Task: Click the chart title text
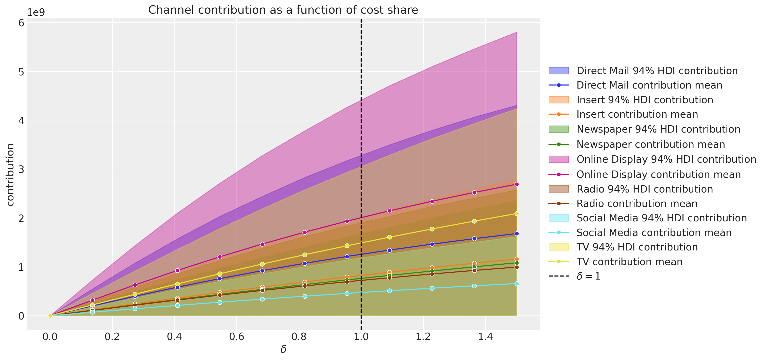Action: coord(283,10)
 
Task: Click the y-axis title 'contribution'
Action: coord(10,175)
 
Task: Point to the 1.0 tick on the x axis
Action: coord(361,336)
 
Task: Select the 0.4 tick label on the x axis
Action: coord(174,336)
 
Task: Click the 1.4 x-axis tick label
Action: coord(485,336)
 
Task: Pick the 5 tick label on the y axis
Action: coord(21,72)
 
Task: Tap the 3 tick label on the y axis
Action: coord(21,169)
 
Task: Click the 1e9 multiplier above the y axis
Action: coord(36,12)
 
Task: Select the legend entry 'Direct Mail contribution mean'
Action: coord(649,85)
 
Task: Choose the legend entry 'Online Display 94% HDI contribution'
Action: coord(666,159)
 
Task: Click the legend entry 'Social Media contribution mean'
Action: coord(654,233)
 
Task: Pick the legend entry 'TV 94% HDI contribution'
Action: coord(637,247)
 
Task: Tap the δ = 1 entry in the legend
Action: coord(588,276)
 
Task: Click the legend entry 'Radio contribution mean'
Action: coord(637,204)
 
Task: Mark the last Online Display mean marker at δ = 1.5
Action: coord(517,184)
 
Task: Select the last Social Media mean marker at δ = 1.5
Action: coord(517,284)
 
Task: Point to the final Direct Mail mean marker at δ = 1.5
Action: coord(517,234)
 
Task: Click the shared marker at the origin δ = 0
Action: coord(50,316)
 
